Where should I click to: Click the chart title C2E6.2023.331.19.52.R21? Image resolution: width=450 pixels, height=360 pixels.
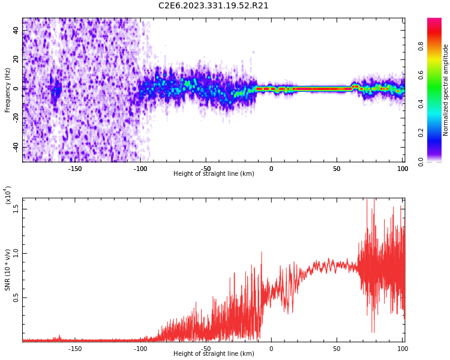pos(214,6)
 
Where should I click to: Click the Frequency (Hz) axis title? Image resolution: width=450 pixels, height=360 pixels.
pos(8,90)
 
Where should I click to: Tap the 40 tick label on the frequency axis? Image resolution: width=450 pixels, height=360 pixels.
pos(16,31)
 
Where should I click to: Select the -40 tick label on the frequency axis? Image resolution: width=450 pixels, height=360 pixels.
pos(16,147)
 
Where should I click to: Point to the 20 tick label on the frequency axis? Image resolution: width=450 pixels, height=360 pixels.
pos(16,59)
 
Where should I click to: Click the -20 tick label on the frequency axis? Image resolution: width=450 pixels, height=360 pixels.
pos(16,118)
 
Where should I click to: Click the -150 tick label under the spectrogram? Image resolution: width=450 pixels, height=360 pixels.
pos(75,169)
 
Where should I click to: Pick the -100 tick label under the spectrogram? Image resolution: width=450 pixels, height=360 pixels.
pos(140,169)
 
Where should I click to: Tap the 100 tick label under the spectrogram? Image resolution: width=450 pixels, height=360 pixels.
pos(402,169)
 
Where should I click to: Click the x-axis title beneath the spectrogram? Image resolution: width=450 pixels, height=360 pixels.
pos(214,174)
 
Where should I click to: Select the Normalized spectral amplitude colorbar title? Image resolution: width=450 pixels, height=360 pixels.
pos(446,90)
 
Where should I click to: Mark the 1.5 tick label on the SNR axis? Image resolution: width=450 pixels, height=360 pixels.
pos(16,208)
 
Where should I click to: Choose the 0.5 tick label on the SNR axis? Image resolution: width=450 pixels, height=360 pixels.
pos(16,298)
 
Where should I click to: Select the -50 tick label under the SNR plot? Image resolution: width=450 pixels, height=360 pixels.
pos(205,349)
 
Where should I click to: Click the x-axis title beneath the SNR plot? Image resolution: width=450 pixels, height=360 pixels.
pos(214,354)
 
